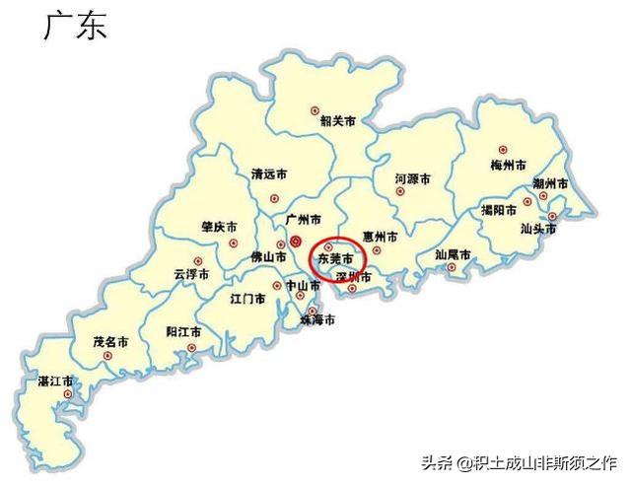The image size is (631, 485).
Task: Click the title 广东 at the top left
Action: pos(74,27)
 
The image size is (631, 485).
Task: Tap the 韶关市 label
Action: pos(337,122)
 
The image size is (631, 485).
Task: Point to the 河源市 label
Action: pos(412,180)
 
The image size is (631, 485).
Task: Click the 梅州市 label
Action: pos(508,165)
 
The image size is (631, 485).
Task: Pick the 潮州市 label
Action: pos(549,184)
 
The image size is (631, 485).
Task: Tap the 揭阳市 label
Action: pos(499,210)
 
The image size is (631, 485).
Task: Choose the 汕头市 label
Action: pos(538,229)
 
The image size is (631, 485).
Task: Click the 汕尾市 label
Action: pos(453,254)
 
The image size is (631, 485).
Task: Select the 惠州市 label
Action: pos(380,237)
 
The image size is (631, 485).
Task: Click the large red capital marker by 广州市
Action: pos(295,241)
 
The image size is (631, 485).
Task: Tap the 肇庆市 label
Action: pos(218,227)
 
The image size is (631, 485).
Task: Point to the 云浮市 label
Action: pos(191,274)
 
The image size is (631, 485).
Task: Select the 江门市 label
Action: pos(247,297)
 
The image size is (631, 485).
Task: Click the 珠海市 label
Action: pos(317,320)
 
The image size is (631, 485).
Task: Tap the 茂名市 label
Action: pos(110,342)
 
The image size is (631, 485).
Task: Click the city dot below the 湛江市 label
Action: pos(67,394)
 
